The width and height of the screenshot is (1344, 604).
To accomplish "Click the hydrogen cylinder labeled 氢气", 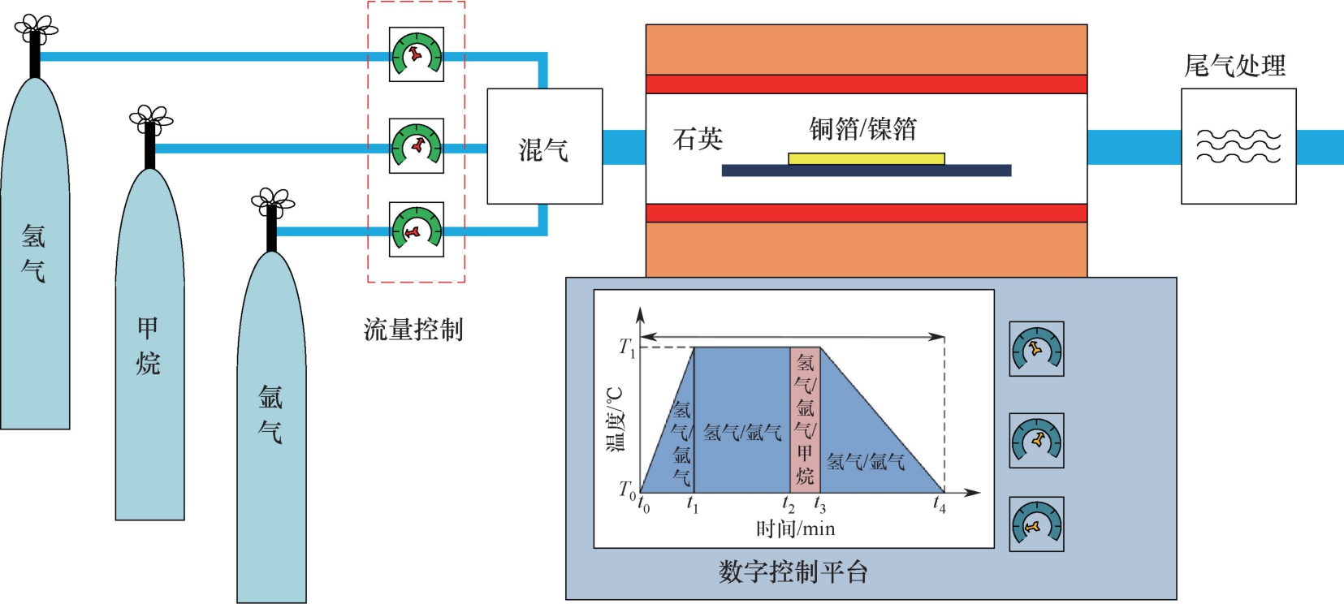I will pyautogui.click(x=34, y=260).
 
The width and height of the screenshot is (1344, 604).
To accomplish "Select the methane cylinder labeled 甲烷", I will pyautogui.click(x=149, y=349).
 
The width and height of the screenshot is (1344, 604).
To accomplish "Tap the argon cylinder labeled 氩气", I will pyautogui.click(x=271, y=422).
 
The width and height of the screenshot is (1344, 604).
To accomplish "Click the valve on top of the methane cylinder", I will pyautogui.click(x=150, y=120).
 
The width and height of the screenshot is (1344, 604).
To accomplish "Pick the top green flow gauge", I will pyautogui.click(x=417, y=55).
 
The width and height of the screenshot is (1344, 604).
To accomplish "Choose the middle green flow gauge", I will pyautogui.click(x=417, y=146).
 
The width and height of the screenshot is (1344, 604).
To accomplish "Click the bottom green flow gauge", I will pyautogui.click(x=417, y=230).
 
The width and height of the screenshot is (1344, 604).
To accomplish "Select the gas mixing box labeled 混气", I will pyautogui.click(x=544, y=146).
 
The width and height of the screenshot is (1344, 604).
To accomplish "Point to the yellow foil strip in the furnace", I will pyautogui.click(x=866, y=158).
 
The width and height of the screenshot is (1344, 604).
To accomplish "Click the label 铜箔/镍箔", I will pyautogui.click(x=862, y=128).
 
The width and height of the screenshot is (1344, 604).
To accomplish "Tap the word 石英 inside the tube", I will pyautogui.click(x=698, y=139).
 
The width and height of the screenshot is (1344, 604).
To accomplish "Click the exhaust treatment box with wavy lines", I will pyautogui.click(x=1238, y=146).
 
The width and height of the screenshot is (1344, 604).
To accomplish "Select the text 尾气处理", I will pyautogui.click(x=1234, y=65).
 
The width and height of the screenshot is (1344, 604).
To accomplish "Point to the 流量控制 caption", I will pyautogui.click(x=413, y=330).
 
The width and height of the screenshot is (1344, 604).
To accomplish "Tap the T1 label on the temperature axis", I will pyautogui.click(x=627, y=348).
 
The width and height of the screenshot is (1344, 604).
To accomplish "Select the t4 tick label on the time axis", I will pyautogui.click(x=939, y=505).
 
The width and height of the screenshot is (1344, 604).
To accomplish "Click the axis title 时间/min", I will pyautogui.click(x=795, y=529).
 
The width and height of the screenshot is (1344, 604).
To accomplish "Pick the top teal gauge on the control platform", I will pyautogui.click(x=1036, y=349).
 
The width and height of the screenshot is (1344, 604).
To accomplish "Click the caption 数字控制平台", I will pyautogui.click(x=793, y=572).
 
